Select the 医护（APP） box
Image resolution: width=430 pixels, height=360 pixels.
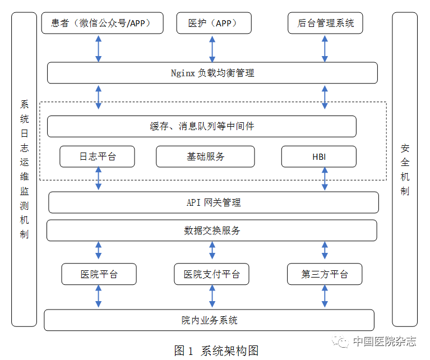pyautogui.click(x=212, y=24)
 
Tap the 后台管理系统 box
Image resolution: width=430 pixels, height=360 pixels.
pyautogui.click(x=325, y=24)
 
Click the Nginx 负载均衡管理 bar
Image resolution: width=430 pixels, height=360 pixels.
pyautogui.click(x=212, y=73)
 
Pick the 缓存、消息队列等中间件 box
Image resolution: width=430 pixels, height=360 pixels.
pyautogui.click(x=201, y=126)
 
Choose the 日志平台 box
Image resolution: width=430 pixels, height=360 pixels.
pyautogui.click(x=98, y=156)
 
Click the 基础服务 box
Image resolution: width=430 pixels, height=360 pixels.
pyautogui.click(x=205, y=156)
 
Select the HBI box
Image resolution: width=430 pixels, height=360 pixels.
pyautogui.click(x=318, y=156)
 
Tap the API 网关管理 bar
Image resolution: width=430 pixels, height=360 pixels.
pyautogui.click(x=213, y=202)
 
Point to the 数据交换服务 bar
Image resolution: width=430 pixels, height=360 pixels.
pyautogui.click(x=211, y=230)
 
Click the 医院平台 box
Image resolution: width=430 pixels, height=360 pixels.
pyautogui.click(x=99, y=274)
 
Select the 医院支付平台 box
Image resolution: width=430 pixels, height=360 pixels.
pyautogui.click(x=211, y=274)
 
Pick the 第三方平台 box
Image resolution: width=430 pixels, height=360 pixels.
pyautogui.click(x=325, y=274)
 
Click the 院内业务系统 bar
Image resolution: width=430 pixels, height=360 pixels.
pyautogui.click(x=209, y=320)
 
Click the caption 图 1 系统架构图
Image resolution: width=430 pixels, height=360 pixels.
pyautogui.click(x=216, y=351)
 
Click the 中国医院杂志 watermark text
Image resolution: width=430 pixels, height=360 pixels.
pyautogui.click(x=384, y=341)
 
